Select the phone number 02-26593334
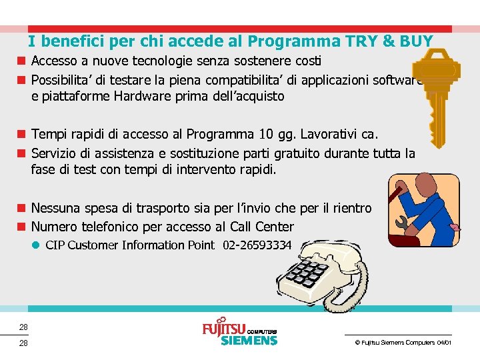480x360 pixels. pos(257,245)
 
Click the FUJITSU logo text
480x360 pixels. pos(223,329)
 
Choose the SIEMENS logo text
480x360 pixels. pos(249,341)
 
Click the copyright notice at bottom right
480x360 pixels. pos(403,342)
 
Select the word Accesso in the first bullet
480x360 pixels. pos(54,61)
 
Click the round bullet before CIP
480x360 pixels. pos(37,245)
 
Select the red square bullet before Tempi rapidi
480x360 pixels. pos(21,136)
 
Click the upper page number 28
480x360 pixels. pos(23,327)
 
